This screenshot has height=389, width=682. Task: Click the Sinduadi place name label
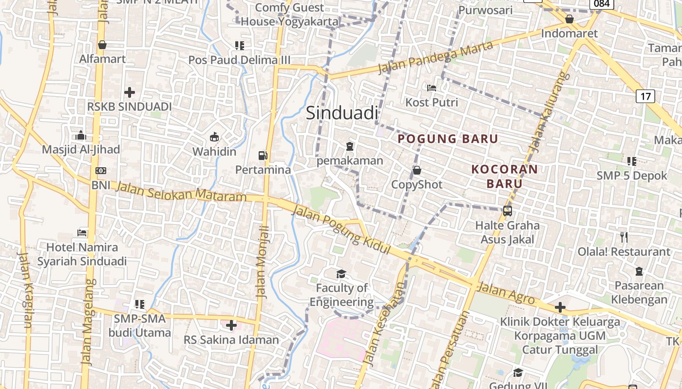pyautogui.click(x=342, y=113)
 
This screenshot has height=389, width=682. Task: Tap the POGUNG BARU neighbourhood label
pyautogui.click(x=448, y=139)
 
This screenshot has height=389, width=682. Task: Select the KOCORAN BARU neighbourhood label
pyautogui.click(x=504, y=176)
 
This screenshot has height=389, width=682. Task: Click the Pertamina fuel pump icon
pyautogui.click(x=263, y=156)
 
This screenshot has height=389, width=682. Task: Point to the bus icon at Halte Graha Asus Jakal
pyautogui.click(x=507, y=211)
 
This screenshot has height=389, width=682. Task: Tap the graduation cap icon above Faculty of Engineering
pyautogui.click(x=341, y=274)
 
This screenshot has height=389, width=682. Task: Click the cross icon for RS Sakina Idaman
pyautogui.click(x=231, y=325)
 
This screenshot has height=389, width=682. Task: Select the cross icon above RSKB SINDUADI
pyautogui.click(x=130, y=92)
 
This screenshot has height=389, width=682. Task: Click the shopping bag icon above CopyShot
pyautogui.click(x=417, y=170)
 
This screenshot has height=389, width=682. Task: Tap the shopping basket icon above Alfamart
pyautogui.click(x=102, y=45)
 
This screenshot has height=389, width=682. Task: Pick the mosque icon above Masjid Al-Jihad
pyautogui.click(x=81, y=135)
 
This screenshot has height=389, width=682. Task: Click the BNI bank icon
pyautogui.click(x=101, y=171)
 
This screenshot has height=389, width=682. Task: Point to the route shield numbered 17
pyautogui.click(x=645, y=96)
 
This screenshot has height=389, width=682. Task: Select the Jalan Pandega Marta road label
pyautogui.click(x=436, y=57)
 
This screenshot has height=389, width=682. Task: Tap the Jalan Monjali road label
pyautogui.click(x=263, y=262)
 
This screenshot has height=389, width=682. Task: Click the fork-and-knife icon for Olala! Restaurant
pyautogui.click(x=624, y=237)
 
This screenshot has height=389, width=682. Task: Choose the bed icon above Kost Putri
pyautogui.click(x=431, y=88)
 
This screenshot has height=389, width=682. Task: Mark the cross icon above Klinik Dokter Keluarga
pyautogui.click(x=560, y=307)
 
